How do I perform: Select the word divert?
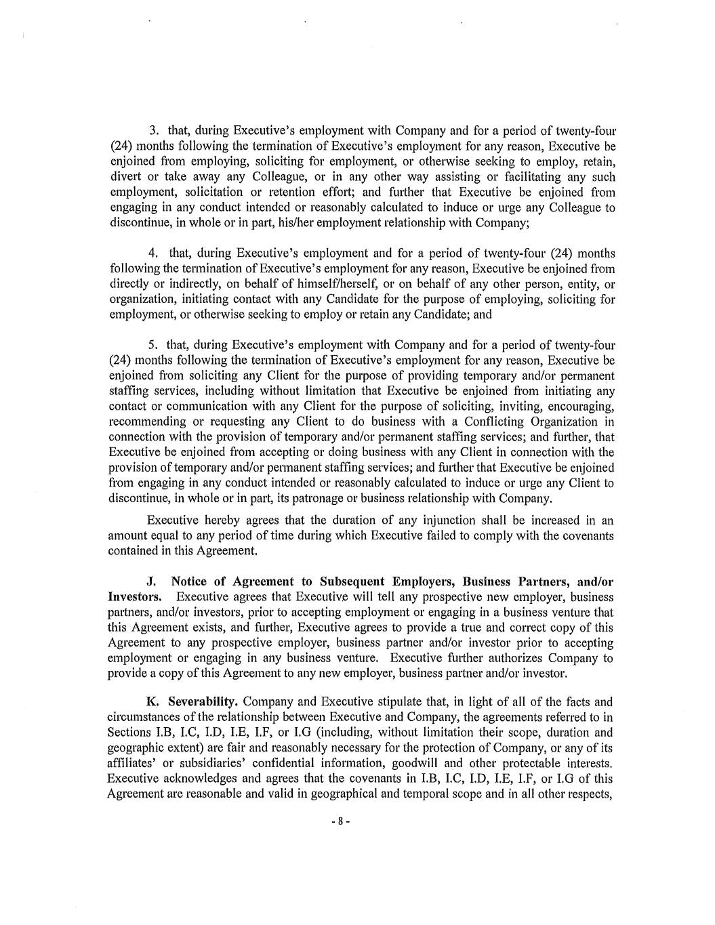pos(123,177)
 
